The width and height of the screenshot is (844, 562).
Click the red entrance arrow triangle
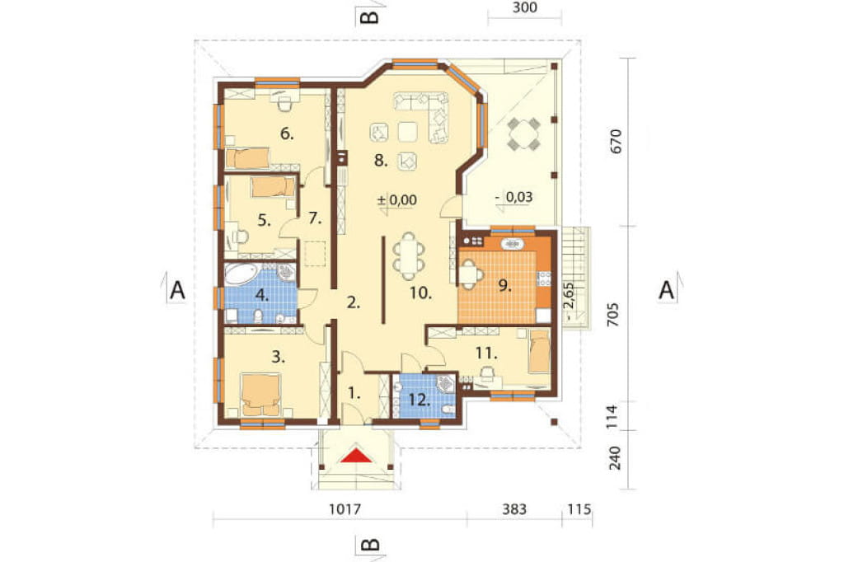coord(357,456)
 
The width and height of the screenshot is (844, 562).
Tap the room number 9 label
coord(504,285)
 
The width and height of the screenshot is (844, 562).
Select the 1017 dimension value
coord(345,508)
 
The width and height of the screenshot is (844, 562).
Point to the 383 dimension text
coord(514,508)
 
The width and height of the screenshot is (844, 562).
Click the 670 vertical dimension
coord(616,141)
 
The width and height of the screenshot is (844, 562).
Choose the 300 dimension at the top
coord(525,7)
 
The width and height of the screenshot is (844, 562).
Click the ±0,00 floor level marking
coord(397,200)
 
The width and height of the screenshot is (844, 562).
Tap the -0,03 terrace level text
coord(514,197)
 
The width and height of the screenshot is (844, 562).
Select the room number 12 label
coord(420,400)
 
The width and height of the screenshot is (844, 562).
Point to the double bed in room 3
coord(261,395)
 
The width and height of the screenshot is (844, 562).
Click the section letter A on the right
coord(666,290)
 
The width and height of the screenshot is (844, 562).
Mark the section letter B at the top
coord(369,17)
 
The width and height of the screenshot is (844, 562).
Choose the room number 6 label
coord(287,133)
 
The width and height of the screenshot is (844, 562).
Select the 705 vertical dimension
coord(613,315)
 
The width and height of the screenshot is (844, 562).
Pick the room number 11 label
coord(486,354)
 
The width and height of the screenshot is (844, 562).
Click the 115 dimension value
coord(579,508)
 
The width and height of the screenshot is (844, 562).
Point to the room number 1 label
coord(354,394)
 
